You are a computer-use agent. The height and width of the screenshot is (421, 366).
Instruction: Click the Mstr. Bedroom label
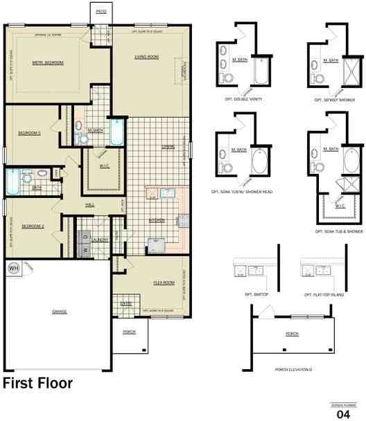point(48,62)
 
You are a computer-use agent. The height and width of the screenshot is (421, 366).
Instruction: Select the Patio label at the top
point(101,12)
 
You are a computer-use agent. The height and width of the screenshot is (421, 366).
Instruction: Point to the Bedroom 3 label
point(30,132)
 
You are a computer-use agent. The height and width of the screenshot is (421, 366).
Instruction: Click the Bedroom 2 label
point(33,226)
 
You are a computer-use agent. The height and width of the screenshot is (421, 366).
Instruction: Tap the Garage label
point(59,312)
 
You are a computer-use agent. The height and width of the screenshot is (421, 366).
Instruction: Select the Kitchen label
point(157,221)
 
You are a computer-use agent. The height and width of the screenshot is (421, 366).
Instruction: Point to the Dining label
point(168,146)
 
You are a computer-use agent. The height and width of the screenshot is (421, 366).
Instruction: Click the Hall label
point(89,205)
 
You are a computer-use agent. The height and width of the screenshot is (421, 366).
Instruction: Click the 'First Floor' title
point(38,383)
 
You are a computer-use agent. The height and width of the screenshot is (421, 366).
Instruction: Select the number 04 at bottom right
point(343,413)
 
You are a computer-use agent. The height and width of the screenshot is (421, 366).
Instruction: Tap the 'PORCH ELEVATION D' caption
point(293,369)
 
